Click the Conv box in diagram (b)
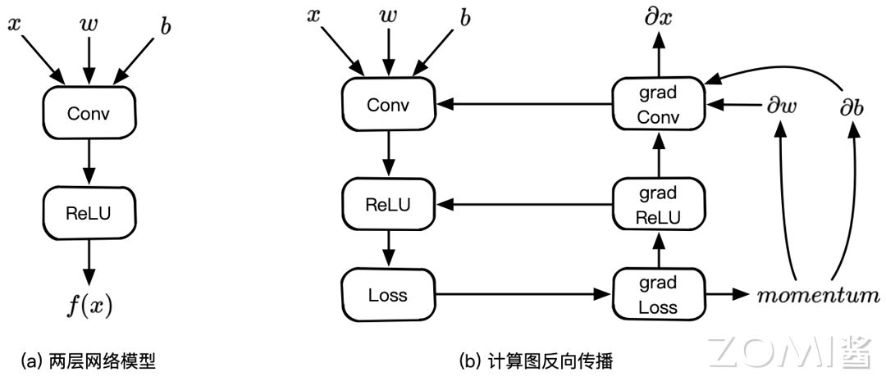(x=387, y=105)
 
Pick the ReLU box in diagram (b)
(x=387, y=202)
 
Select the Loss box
(x=387, y=294)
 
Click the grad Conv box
(x=658, y=105)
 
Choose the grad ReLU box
(x=658, y=206)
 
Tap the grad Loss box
(x=658, y=295)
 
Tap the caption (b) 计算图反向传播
(x=537, y=360)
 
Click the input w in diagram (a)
(x=88, y=25)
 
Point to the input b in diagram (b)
(x=464, y=19)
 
